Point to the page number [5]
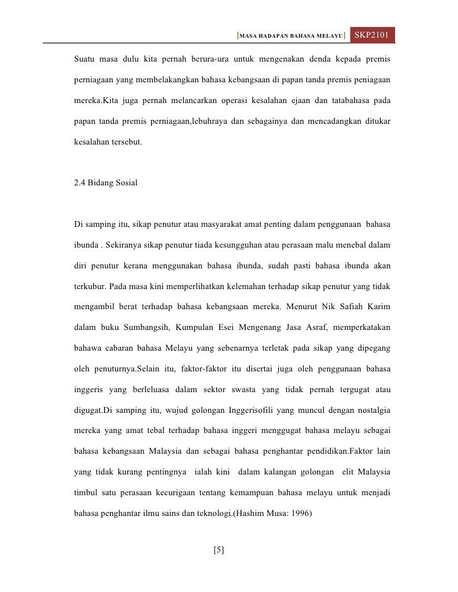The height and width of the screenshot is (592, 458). point(219,551)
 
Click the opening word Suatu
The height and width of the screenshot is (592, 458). point(86,61)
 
